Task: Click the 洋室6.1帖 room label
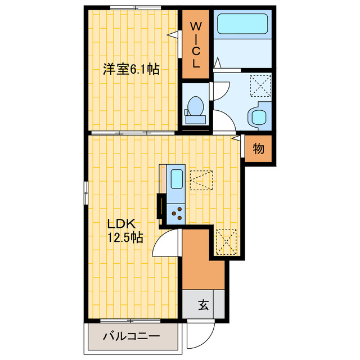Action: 130,70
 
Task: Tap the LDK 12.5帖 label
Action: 124,230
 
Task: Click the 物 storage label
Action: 258,148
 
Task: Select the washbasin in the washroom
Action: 258,116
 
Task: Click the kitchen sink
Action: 175,179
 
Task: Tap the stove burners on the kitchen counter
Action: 177,212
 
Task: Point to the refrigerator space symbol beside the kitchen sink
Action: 201,180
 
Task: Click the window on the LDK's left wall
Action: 86,194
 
